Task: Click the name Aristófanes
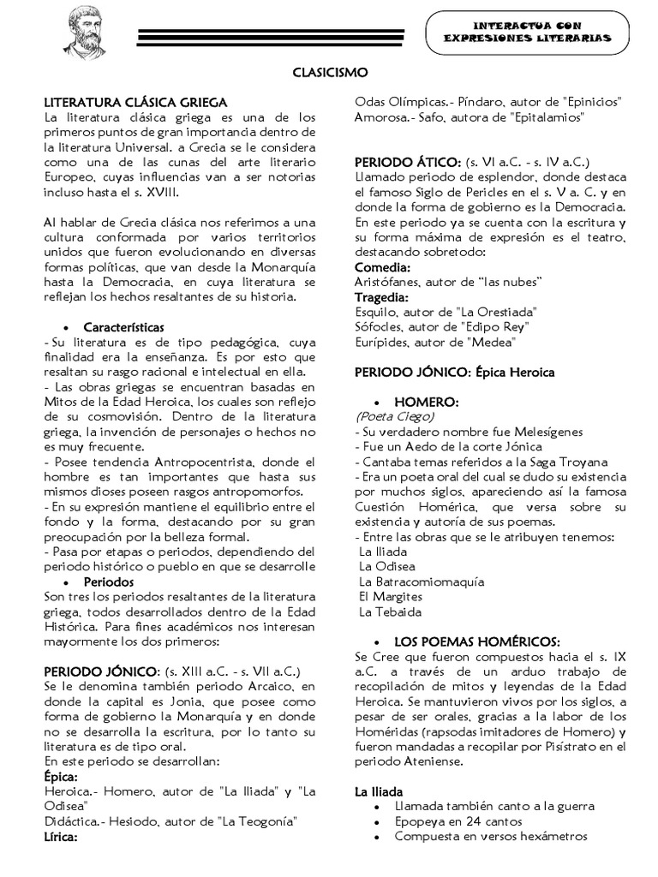click(386, 283)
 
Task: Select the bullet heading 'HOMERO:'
click(426, 402)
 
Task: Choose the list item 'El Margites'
click(391, 597)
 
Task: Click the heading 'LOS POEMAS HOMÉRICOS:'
click(477, 641)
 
